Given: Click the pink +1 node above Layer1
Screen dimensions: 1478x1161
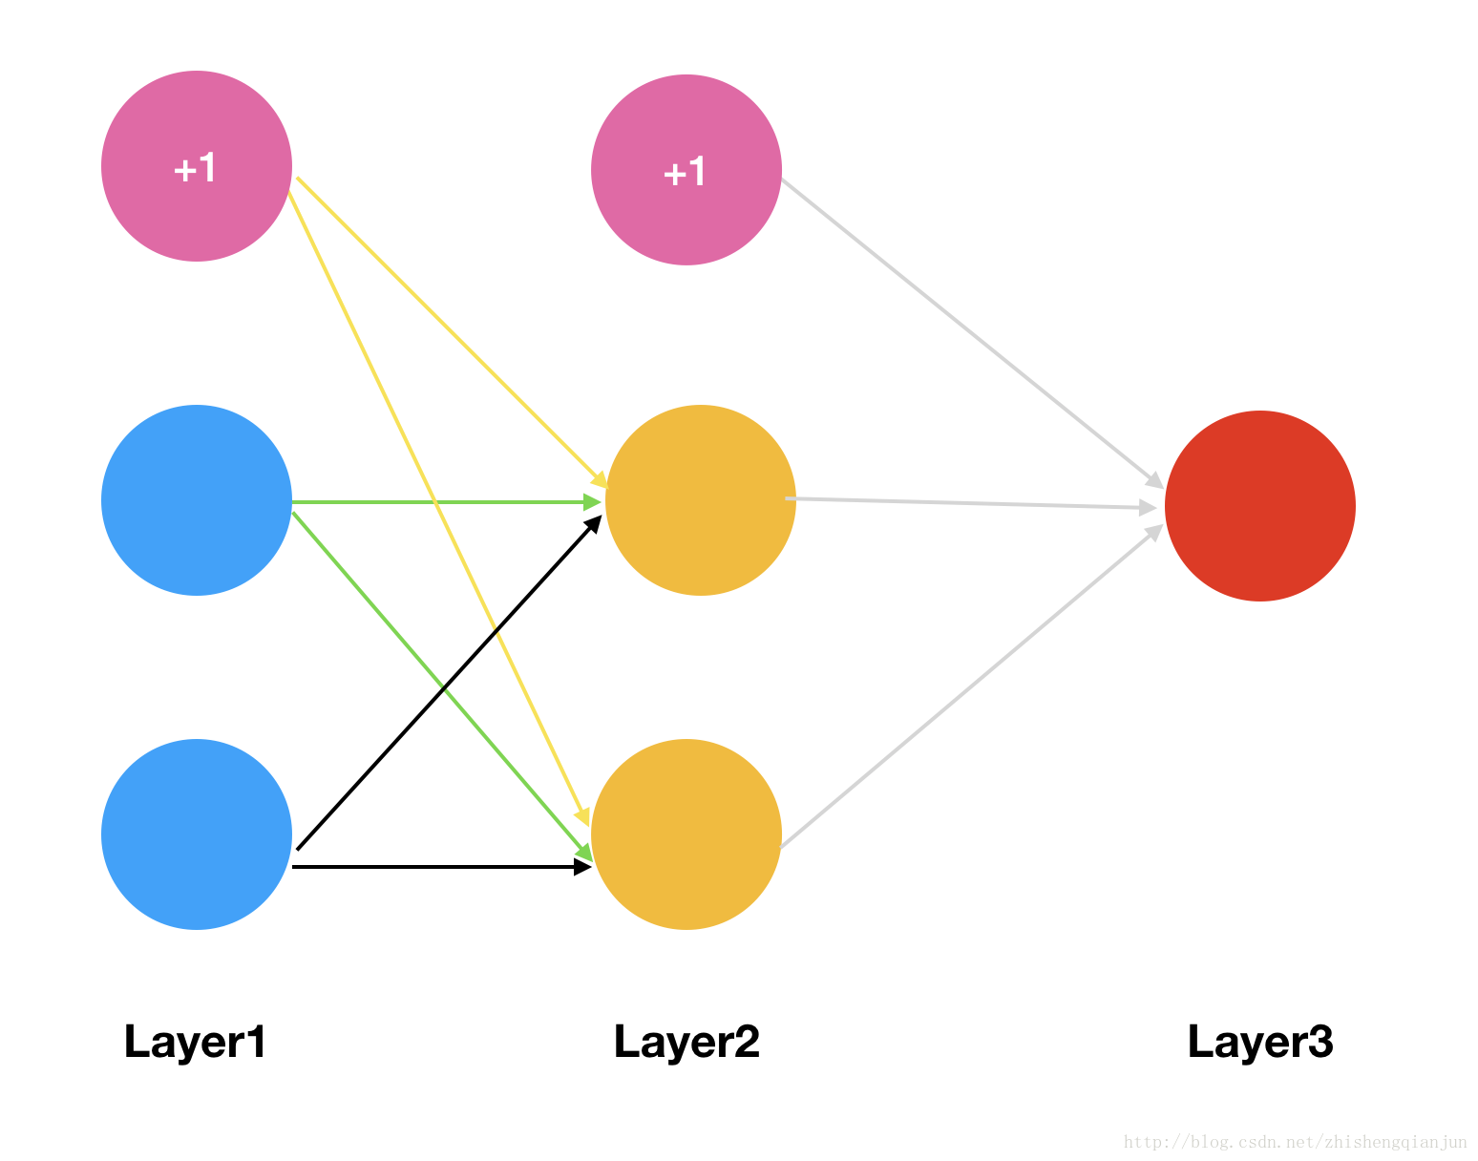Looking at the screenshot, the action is [x=197, y=166].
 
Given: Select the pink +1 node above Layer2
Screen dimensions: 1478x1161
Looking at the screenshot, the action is [x=686, y=169].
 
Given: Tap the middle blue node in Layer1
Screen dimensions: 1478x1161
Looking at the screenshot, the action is [x=197, y=500].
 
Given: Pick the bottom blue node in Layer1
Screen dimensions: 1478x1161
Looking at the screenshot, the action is [x=197, y=834].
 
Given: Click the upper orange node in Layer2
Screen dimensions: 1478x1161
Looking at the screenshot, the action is [x=701, y=500].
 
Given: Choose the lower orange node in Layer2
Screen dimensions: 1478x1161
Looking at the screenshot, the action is [x=686, y=834].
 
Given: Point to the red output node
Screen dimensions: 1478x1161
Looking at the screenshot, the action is [x=1259, y=505].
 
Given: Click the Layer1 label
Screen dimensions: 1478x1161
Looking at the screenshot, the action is [x=195, y=1043].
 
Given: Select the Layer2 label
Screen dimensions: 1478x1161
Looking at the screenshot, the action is [x=686, y=1043].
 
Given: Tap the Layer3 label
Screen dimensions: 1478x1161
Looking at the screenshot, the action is [x=1260, y=1043].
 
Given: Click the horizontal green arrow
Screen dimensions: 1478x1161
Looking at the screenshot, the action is [x=447, y=502].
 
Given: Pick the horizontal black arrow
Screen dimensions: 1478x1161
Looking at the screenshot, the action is [x=442, y=867].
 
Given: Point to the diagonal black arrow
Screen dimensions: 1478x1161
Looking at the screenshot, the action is [x=450, y=682].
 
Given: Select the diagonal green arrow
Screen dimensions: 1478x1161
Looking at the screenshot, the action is [x=443, y=686].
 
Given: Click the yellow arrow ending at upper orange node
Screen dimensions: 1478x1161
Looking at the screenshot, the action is [x=452, y=332].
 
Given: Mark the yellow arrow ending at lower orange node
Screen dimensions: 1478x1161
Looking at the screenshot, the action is [x=438, y=509].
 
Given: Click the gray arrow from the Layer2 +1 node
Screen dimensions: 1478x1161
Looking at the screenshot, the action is [x=973, y=333].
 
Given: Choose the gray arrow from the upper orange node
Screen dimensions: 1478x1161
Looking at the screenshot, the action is [x=971, y=502].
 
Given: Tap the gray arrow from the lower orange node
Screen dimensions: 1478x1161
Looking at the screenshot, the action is [x=972, y=686].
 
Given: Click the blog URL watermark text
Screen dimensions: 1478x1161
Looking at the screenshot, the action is [x=1296, y=1142].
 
